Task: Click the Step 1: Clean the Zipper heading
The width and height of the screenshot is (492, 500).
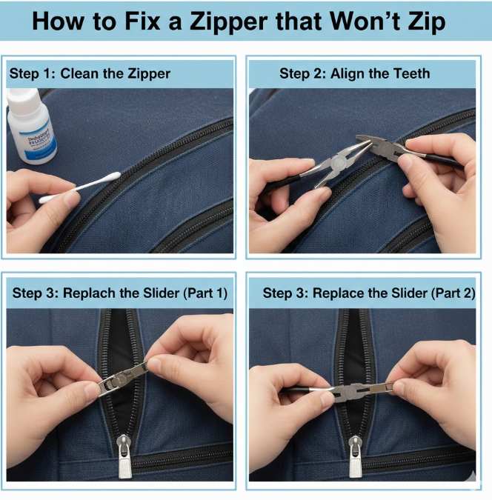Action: coord(89,73)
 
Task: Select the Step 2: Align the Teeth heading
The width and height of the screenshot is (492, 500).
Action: coord(354,73)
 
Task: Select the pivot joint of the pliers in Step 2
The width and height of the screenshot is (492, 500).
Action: coord(338,159)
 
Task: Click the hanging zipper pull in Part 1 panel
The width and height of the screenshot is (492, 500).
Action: coord(124,459)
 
